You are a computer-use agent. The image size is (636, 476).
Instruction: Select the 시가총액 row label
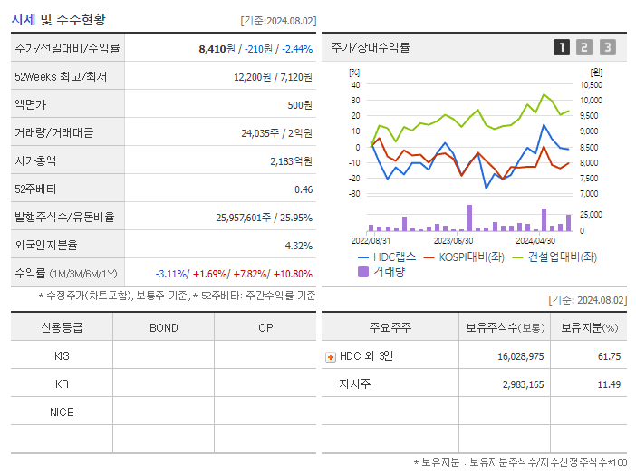point(35,160)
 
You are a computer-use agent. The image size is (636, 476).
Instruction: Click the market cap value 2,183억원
point(291,160)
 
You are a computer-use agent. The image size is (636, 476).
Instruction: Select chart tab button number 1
point(562,47)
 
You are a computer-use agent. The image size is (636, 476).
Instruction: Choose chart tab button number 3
point(607,47)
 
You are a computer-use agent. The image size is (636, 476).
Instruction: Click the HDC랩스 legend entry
point(391,257)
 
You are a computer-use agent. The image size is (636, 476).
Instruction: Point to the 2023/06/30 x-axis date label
point(453,240)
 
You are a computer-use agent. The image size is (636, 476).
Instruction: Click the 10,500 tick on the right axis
point(591,84)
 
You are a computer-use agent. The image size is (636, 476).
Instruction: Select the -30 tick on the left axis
point(354,193)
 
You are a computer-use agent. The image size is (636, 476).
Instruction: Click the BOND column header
point(163,327)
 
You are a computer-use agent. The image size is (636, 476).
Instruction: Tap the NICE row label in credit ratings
point(62,412)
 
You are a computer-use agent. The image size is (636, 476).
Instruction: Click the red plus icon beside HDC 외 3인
point(331,356)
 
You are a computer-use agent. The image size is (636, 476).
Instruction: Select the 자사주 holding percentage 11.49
point(608,384)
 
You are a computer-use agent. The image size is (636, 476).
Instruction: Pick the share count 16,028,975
point(520,356)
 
